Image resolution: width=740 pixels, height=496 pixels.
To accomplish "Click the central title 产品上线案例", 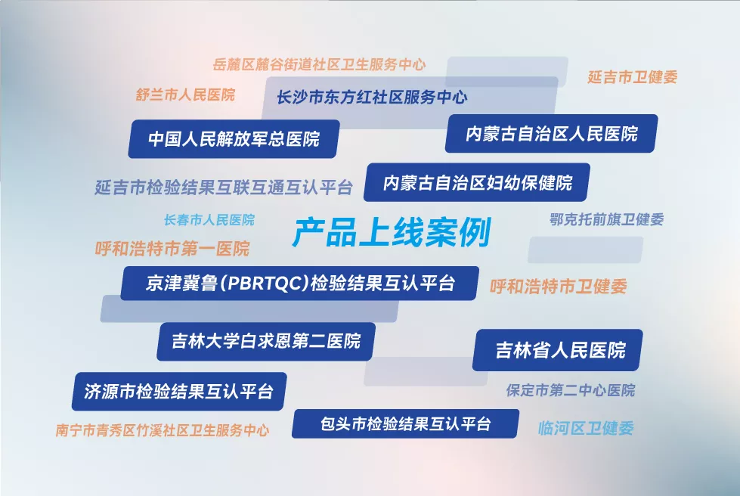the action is click(x=392, y=232).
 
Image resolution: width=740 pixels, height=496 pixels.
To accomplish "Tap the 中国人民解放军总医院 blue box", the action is click(x=234, y=139).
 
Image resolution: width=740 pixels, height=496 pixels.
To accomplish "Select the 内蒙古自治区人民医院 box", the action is click(x=551, y=134).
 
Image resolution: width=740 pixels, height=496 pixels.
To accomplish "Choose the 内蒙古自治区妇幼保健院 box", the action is click(x=477, y=183).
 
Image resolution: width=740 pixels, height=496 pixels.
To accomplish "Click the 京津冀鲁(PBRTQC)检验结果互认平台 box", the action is click(x=300, y=284).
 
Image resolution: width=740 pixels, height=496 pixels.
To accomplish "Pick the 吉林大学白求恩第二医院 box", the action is click(x=266, y=341).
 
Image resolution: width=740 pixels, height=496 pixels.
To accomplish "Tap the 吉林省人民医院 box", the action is click(x=558, y=350).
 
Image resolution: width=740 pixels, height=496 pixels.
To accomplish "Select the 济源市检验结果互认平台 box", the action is click(x=179, y=391).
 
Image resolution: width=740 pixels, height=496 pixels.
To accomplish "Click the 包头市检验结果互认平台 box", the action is click(x=405, y=424).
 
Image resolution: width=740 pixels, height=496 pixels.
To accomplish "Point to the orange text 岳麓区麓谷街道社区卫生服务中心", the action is click(x=319, y=64).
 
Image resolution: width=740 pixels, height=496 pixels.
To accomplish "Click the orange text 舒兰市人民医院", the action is click(x=185, y=95).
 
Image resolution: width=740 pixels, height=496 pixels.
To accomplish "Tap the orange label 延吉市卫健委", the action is click(x=633, y=77).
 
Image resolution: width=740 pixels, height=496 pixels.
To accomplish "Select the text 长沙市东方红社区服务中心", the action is click(x=372, y=98).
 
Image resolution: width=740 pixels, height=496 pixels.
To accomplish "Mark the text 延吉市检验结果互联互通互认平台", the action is click(x=224, y=188).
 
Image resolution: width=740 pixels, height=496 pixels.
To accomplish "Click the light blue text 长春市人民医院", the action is click(x=209, y=220).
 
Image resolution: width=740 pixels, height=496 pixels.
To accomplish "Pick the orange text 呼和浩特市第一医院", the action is click(x=172, y=249).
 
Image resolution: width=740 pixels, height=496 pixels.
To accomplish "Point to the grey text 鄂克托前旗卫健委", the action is click(x=607, y=219).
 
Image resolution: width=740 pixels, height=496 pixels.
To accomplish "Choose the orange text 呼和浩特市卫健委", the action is click(x=559, y=287).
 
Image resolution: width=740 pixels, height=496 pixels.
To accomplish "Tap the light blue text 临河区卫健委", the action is click(x=586, y=429).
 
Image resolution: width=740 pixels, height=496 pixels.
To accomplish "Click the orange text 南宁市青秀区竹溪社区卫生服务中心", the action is click(x=163, y=430).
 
